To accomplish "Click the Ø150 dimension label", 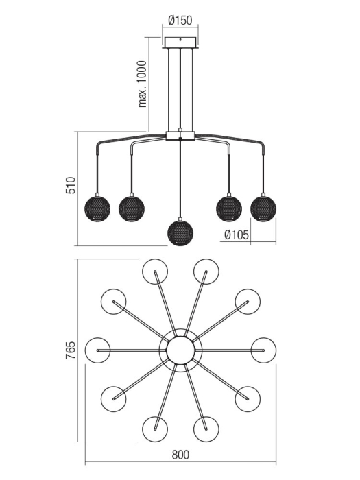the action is tap(180, 20).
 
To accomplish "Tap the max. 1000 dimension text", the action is tap(143, 84).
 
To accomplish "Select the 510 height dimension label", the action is tap(71, 185).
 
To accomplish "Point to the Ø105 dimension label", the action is tap(237, 235).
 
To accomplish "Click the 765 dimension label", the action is tap(71, 350).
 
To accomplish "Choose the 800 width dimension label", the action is tap(180, 455).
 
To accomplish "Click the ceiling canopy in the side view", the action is tap(180, 43).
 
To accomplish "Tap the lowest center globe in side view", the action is tap(180, 232).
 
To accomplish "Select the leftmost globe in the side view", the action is tap(97, 208).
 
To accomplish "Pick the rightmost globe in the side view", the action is tap(263, 208).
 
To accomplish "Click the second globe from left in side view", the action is tap(132, 208).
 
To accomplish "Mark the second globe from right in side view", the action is tap(229, 208).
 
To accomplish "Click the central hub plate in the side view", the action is tap(180, 136).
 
